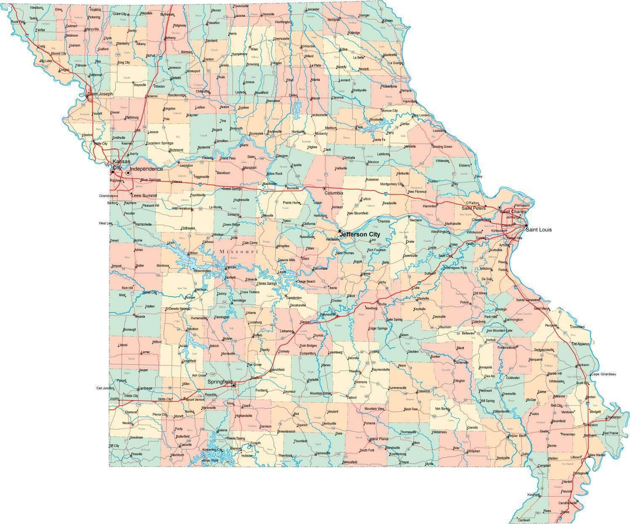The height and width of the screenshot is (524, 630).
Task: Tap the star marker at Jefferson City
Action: tap(339, 231)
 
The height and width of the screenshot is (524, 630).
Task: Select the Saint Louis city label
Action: tap(539, 230)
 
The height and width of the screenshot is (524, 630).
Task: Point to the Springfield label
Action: tap(220, 382)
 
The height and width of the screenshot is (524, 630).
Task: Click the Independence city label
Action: tap(146, 169)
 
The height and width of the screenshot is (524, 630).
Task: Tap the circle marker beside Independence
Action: tap(128, 172)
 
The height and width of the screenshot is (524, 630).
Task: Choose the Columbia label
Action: tap(333, 193)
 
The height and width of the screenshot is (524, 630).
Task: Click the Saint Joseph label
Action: tap(100, 94)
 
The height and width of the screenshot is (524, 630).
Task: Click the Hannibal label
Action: tap(409, 102)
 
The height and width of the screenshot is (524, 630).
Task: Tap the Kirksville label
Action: tap(308, 46)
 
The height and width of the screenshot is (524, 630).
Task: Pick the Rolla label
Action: tap(383, 304)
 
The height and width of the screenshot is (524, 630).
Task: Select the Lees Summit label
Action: tap(144, 195)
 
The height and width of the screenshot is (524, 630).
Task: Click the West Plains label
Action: tap(379, 439)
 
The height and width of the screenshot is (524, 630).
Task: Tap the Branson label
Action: tap(236, 448)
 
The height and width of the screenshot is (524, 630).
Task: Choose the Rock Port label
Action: tap(18, 21)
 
